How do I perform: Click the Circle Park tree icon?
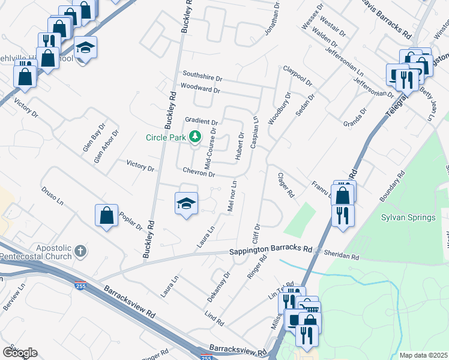point(194,137)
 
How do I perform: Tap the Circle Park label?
point(166,137)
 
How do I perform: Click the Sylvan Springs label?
point(408,217)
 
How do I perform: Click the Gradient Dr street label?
point(201,121)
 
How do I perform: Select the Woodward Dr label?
point(200,89)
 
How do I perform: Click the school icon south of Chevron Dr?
point(186,203)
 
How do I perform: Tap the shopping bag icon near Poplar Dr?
point(106,215)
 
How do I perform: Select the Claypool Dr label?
point(298,76)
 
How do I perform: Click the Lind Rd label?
point(214,316)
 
